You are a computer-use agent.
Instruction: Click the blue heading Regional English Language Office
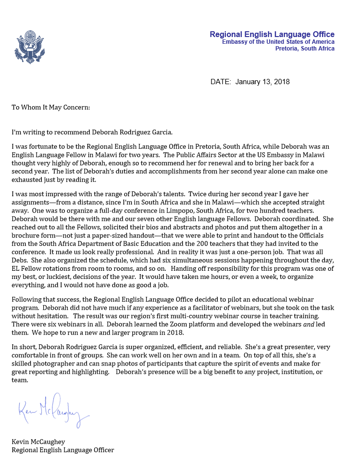tap(272, 34)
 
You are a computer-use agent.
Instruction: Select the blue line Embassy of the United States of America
tap(278, 42)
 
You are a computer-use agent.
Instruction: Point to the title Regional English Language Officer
tap(62, 450)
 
